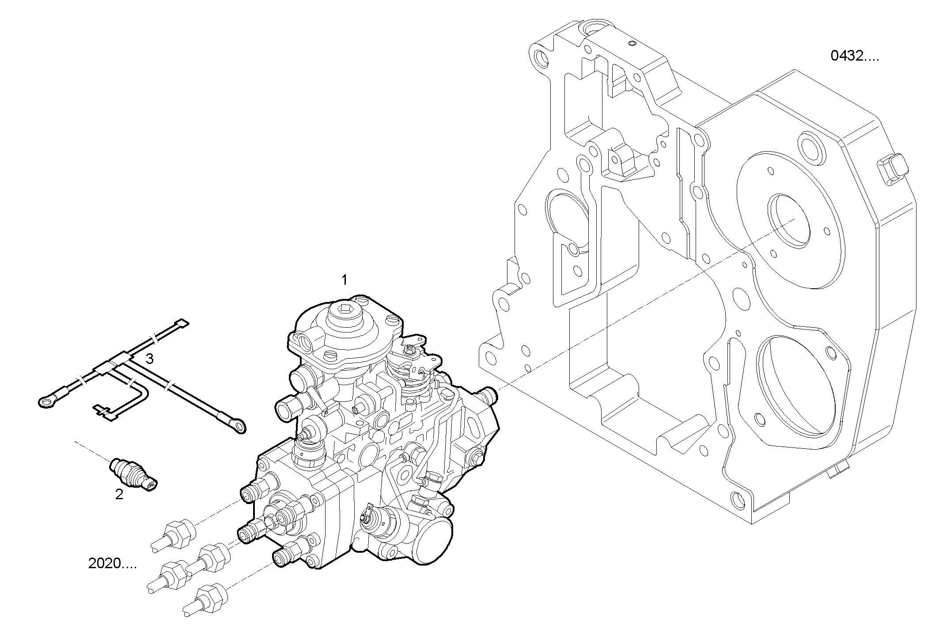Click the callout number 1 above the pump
click(x=344, y=280)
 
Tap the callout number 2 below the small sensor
click(x=119, y=494)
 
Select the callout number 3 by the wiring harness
click(x=150, y=359)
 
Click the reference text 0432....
click(x=855, y=56)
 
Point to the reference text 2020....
click(x=112, y=563)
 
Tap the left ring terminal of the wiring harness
click(x=46, y=401)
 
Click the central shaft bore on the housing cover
click(x=789, y=220)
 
